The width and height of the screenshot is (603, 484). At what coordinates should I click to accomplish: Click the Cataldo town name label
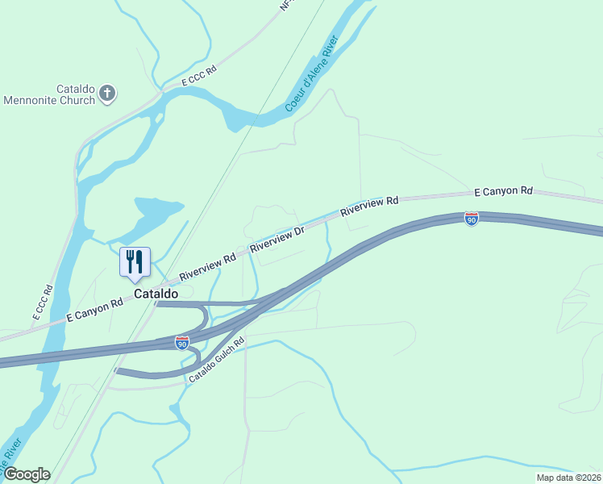point(156,294)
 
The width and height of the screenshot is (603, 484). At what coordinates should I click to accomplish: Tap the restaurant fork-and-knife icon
point(134,261)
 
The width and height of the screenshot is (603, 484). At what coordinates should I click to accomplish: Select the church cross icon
point(107,94)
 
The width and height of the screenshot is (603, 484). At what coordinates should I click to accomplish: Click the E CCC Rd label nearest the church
point(200,77)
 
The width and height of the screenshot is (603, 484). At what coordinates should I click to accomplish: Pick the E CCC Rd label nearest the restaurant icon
point(43,302)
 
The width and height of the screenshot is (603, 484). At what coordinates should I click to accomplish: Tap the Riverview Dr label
point(277,239)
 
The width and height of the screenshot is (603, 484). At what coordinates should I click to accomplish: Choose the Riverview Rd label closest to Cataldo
point(207,264)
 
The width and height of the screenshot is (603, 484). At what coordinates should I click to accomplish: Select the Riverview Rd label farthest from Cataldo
point(370,206)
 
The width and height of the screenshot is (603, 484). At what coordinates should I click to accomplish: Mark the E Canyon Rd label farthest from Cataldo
point(503,191)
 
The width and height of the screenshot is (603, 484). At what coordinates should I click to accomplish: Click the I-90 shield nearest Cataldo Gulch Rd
point(182,344)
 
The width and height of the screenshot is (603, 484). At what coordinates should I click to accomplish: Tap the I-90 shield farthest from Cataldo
point(472,219)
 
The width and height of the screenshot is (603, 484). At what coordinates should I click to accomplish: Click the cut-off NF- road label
point(285,6)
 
